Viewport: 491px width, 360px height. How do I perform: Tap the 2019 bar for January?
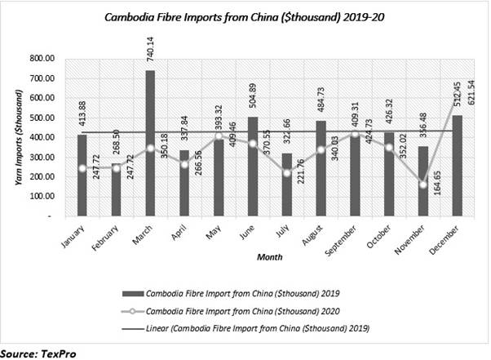click(82, 175)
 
